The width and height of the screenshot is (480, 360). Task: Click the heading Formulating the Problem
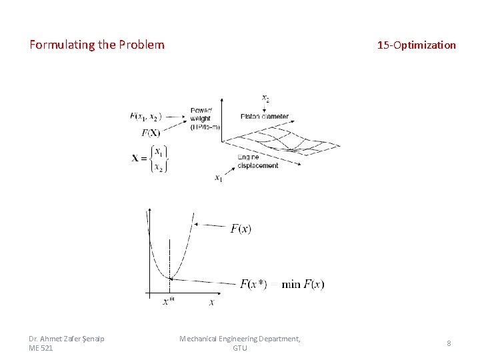pyautogui.click(x=97, y=45)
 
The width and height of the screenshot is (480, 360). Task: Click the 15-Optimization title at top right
pyautogui.click(x=416, y=45)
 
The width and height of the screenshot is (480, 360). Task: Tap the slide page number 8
pyautogui.click(x=449, y=343)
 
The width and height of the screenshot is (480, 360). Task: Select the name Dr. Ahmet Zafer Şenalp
pyautogui.click(x=67, y=339)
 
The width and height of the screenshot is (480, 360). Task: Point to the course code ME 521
pyautogui.click(x=41, y=348)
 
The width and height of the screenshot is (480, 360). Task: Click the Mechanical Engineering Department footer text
pyautogui.click(x=239, y=339)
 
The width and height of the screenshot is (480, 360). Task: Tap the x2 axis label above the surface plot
pyautogui.click(x=265, y=99)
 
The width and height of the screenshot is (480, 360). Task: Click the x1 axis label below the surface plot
pyautogui.click(x=219, y=178)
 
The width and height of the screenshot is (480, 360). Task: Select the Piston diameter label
pyautogui.click(x=265, y=117)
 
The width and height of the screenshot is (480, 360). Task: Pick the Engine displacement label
pyautogui.click(x=257, y=161)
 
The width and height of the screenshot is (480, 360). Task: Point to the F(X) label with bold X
pyautogui.click(x=151, y=132)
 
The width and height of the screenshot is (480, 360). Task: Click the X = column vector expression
pyautogui.click(x=149, y=159)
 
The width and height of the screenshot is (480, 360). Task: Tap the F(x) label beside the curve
pyautogui.click(x=241, y=229)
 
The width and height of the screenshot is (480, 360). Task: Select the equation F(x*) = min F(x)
pyautogui.click(x=282, y=285)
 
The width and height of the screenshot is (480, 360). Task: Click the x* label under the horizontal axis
pyautogui.click(x=169, y=302)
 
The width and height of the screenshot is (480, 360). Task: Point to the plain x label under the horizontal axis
pyautogui.click(x=211, y=302)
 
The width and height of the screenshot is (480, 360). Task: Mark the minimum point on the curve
pyautogui.click(x=170, y=278)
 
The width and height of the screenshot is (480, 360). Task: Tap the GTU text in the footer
pyautogui.click(x=239, y=348)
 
